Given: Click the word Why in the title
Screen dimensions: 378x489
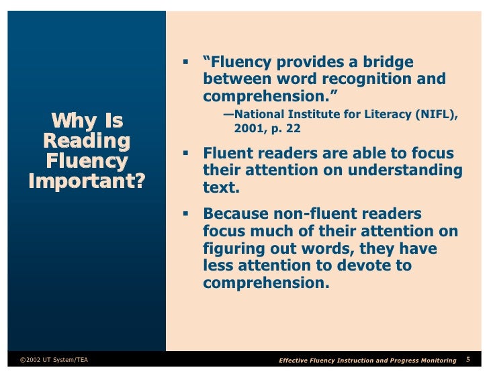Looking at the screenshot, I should coord(67,122).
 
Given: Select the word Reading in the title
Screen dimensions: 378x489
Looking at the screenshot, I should coord(86,142).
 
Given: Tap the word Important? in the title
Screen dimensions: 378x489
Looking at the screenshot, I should coord(86,182).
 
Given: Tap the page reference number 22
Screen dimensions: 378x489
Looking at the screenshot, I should coord(293,128).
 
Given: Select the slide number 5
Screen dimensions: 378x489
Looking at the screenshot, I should coord(468,361).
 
